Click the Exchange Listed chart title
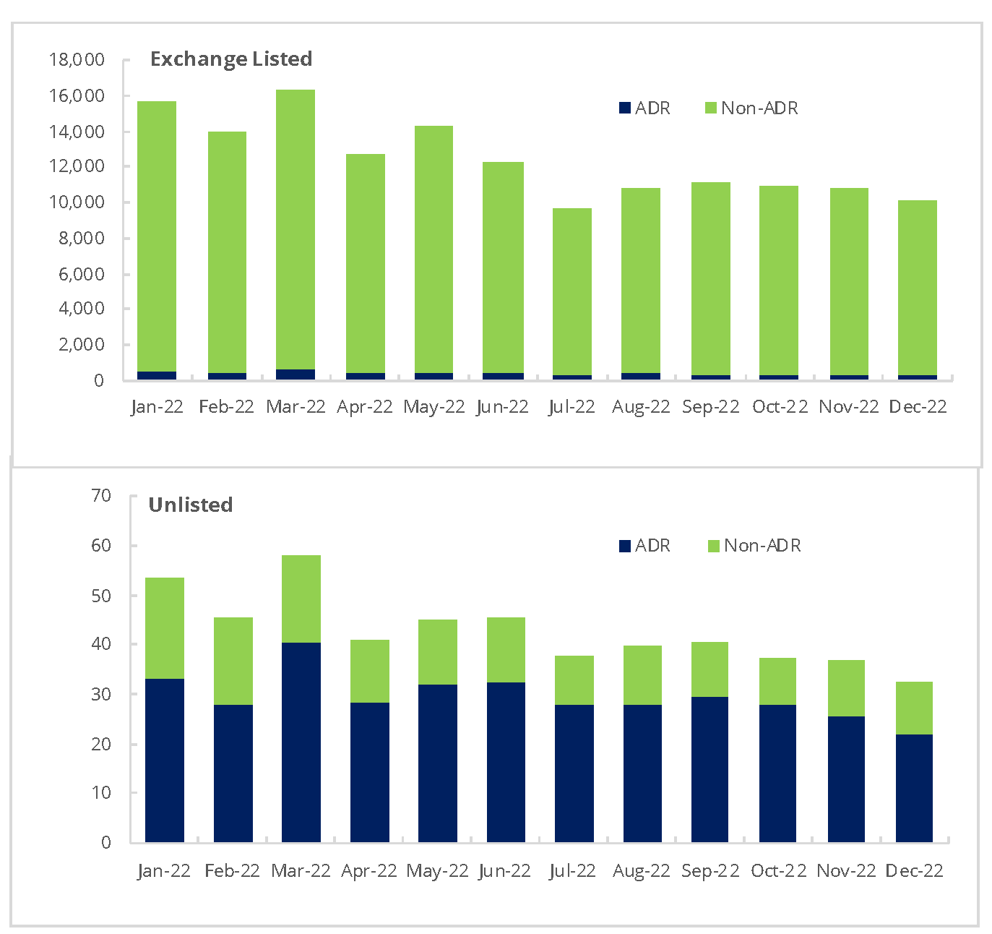coord(230,59)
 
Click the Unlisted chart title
coord(190,505)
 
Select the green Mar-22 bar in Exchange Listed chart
coord(296,228)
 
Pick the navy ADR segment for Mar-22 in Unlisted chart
coord(301,742)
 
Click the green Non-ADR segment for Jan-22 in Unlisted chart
coord(165,627)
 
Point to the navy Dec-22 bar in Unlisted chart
coord(914,788)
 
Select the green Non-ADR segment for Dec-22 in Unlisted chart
coord(914,708)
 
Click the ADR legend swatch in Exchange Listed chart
coord(625,108)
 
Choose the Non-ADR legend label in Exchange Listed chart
coord(759,108)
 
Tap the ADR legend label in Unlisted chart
coord(652,546)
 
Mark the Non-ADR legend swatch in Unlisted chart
coord(713,546)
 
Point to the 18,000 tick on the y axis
coord(77,59)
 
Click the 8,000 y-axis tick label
coord(82,238)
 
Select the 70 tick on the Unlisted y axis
coord(102,495)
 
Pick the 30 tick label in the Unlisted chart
coord(102,694)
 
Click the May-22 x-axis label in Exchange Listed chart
coord(434,406)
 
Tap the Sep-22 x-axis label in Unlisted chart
coord(710,870)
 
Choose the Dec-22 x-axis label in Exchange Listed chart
coord(918,406)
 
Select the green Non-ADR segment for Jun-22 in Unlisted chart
coord(506,649)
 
